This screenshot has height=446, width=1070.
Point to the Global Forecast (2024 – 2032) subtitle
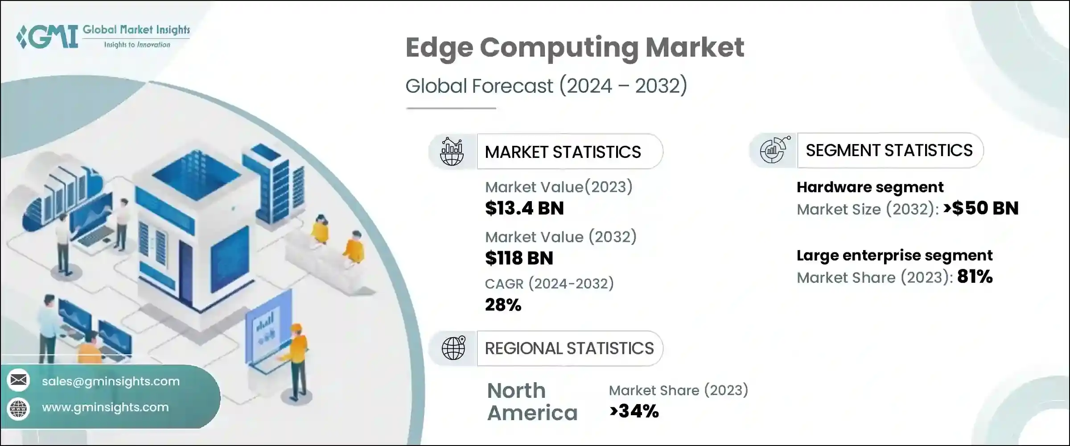pos(546,86)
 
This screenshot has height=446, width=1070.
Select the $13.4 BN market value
pos(524,208)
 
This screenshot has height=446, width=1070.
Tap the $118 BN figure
pos(519,258)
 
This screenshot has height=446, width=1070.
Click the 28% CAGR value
pos(503,305)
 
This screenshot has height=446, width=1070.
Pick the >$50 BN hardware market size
pos(981,208)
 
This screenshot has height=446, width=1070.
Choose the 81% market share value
pos(975,277)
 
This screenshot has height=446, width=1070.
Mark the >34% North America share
pos(634,411)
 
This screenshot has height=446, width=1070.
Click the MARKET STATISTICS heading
pos(563,152)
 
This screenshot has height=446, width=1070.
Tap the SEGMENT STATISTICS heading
pos(889,150)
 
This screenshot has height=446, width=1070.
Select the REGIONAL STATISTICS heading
pos(569,348)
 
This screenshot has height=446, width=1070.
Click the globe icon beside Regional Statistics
pos(453,348)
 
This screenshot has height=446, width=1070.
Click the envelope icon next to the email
pos(18,380)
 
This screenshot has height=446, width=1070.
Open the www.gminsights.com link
pos(105,407)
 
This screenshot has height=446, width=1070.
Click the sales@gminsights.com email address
pos(111,381)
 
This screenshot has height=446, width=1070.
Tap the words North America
pos(532,401)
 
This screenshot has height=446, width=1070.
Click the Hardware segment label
pos(870,187)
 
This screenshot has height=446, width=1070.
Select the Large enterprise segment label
pos(894,256)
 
